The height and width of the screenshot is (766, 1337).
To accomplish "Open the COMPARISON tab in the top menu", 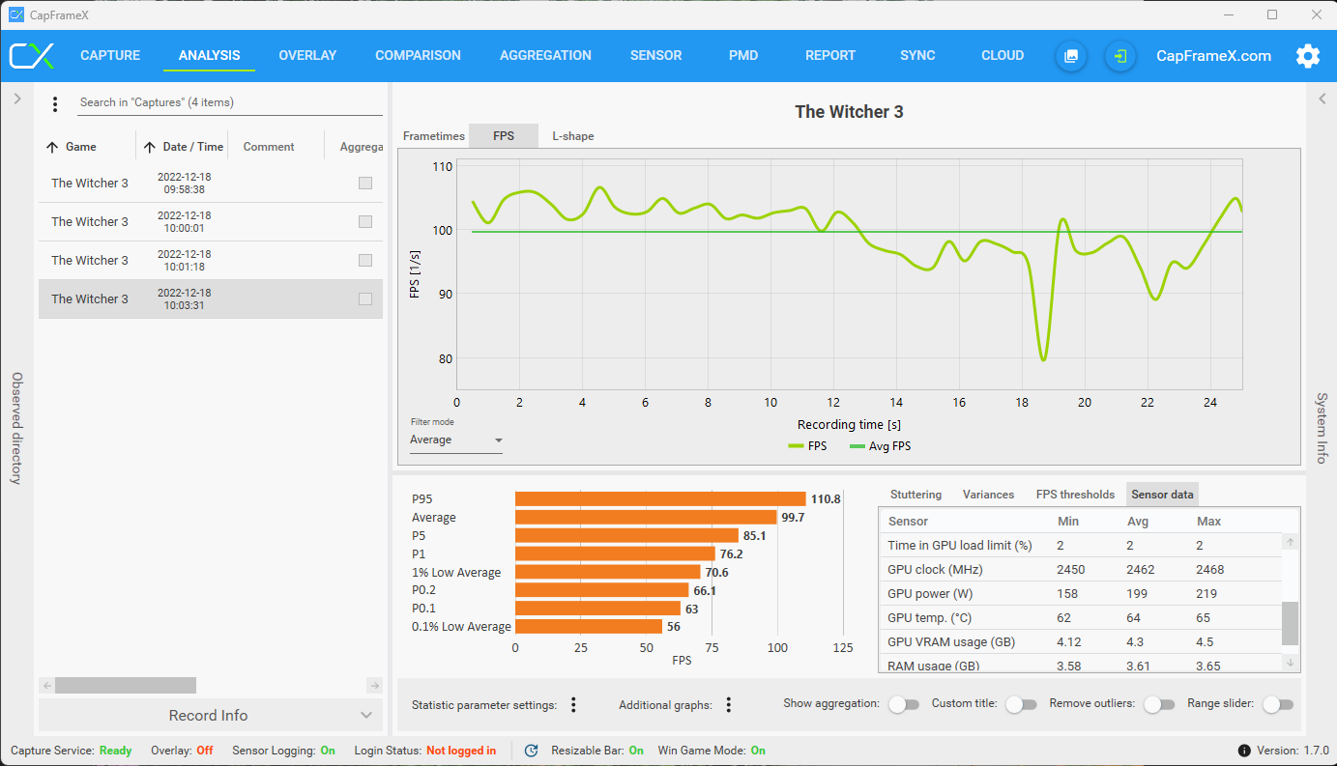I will pos(418,55).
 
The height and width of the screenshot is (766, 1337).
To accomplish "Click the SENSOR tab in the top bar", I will pos(655,55).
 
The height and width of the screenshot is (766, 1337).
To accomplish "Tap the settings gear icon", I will pos(1307,56).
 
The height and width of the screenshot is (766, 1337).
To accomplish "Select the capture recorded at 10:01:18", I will pos(184,261).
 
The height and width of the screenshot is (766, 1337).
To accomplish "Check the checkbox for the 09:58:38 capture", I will pos(365,184).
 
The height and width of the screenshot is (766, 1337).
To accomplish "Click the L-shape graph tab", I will pos(573,136).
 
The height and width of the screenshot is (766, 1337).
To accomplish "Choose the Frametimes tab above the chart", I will pos(433,136).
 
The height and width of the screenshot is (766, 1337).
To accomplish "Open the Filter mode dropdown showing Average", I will pos(456,440).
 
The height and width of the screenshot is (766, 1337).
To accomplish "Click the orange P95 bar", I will pos(659,499).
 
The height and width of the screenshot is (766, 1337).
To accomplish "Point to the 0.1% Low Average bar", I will pos(588,627).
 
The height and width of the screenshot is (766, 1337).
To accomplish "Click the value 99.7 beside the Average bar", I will pos(793,518).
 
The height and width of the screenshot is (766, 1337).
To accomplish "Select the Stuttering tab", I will pos(916,495).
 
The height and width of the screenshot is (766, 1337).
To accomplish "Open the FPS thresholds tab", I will pos(1075,495).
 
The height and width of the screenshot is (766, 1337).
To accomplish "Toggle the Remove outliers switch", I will pos(1158,704).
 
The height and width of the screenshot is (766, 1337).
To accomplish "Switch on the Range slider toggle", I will pos(1277,704).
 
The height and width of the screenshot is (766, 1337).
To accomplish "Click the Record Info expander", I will pos(209,716).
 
